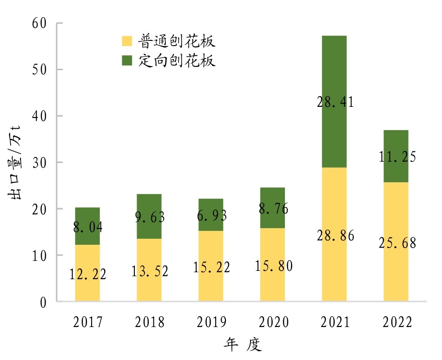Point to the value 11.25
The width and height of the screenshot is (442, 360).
[396, 157]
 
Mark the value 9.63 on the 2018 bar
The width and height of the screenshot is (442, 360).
[150, 218]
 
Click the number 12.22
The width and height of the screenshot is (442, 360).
[88, 274]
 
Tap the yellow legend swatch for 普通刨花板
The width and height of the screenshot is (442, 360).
[127, 41]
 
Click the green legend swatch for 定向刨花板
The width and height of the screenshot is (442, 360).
[127, 60]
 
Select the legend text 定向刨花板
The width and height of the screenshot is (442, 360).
[177, 60]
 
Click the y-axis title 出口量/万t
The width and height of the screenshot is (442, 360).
[17, 163]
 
